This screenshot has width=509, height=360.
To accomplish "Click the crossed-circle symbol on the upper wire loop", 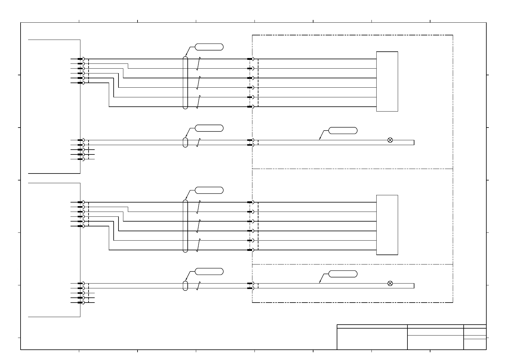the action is [x=390, y=140].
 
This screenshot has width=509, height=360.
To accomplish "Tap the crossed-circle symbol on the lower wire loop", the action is [x=390, y=283].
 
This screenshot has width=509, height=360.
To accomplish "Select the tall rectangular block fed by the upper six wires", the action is [x=387, y=81].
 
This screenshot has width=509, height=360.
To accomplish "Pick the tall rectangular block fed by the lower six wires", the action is [x=387, y=225].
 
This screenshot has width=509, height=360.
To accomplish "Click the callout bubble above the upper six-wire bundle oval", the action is [x=209, y=47].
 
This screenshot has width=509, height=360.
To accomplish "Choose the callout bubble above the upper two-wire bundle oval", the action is [x=209, y=128].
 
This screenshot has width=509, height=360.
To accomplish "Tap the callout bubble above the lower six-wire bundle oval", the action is [x=209, y=190].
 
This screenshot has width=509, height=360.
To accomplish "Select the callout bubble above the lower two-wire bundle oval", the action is [x=209, y=271].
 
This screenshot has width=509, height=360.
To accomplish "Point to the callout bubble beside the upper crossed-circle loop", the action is [x=343, y=131].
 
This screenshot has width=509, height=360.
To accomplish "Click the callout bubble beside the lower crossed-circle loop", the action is [x=343, y=274].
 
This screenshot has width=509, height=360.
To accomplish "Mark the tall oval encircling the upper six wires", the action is [x=185, y=83].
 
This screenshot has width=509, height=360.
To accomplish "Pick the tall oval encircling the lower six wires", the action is [x=185, y=226].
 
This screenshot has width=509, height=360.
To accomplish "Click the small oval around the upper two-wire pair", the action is [x=185, y=142].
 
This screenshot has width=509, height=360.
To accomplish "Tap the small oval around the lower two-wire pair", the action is [x=185, y=286].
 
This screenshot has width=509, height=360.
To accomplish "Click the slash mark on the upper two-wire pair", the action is [x=198, y=142].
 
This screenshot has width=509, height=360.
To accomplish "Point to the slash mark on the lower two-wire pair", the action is [x=198, y=286].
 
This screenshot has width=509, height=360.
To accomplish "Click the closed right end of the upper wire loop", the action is [x=414, y=142].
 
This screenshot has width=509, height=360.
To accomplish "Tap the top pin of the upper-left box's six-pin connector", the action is [x=80, y=59].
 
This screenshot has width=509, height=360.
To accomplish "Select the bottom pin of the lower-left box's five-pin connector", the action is [x=80, y=303].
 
